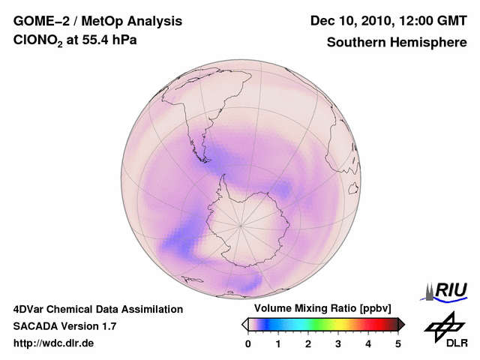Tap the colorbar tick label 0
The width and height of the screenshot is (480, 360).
[x=248, y=343]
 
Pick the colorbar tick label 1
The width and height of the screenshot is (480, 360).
[x=278, y=343]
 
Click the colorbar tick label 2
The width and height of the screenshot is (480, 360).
[x=308, y=343]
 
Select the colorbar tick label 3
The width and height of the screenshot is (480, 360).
[x=338, y=343]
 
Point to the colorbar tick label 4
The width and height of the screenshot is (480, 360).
[x=368, y=343]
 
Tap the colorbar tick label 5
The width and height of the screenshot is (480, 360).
[x=398, y=343]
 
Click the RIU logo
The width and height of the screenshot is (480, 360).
[x=446, y=290]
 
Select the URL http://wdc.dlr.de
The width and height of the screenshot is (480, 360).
[x=54, y=343]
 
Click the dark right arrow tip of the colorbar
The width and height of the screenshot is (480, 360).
[x=401, y=324]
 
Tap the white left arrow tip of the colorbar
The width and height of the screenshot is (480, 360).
[x=244, y=324]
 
